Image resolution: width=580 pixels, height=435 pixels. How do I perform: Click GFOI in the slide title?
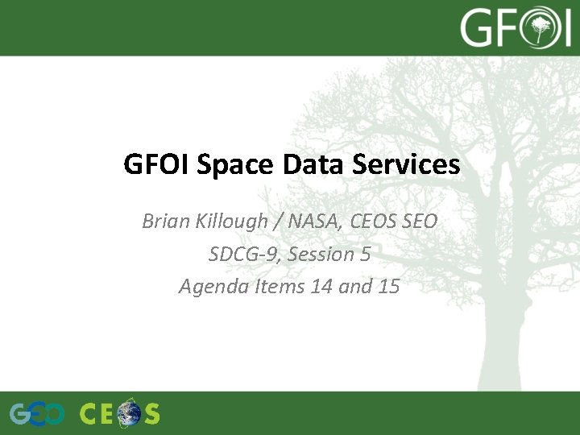(152, 165)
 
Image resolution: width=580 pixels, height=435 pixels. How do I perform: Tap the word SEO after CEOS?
(417, 221)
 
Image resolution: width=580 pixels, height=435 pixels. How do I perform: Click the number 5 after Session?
(365, 254)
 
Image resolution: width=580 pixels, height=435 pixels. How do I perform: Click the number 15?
(387, 287)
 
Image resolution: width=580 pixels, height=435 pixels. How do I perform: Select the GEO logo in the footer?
(37, 414)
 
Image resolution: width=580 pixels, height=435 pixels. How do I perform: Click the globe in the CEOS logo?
(128, 414)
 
